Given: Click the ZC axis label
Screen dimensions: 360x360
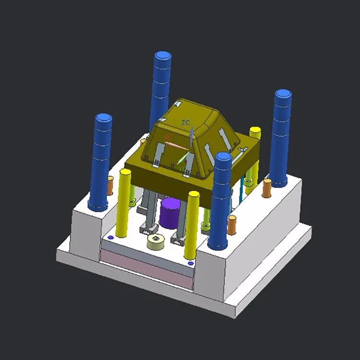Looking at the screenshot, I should pyautogui.click(x=186, y=123).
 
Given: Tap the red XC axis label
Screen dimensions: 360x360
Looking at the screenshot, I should pyautogui.click(x=168, y=138).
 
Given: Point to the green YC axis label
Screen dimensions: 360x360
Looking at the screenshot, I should pyautogui.click(x=181, y=168).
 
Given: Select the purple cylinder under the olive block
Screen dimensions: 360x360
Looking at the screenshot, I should pyautogui.click(x=170, y=214).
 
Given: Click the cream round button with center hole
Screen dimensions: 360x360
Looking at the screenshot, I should pyautogui.click(x=156, y=241).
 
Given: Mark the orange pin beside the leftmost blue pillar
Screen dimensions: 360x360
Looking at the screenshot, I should pyautogui.click(x=110, y=186).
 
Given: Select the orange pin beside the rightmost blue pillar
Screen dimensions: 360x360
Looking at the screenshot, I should pyautogui.click(x=267, y=188).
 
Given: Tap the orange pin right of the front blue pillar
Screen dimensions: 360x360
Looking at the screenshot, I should pyautogui.click(x=232, y=225).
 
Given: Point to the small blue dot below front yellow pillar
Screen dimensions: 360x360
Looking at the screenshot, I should pyautogui.click(x=191, y=263).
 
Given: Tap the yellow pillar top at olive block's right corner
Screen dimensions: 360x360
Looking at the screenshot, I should pyautogui.click(x=255, y=131).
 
